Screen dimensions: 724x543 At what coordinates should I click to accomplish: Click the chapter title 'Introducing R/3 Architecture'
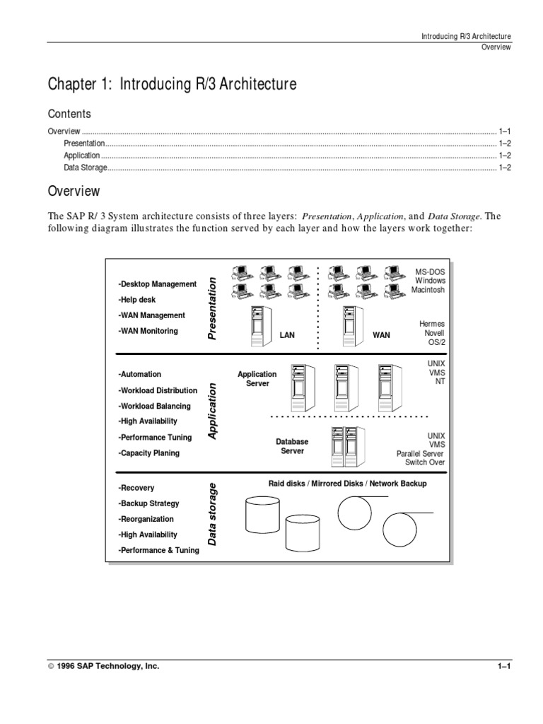click(x=173, y=85)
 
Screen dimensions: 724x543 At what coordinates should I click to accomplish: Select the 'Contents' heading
click(x=69, y=114)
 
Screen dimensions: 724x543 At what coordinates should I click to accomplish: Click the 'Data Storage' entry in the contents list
click(x=86, y=168)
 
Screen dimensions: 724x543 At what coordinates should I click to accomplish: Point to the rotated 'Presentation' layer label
click(x=211, y=308)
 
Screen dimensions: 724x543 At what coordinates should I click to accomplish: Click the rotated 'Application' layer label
click(x=211, y=411)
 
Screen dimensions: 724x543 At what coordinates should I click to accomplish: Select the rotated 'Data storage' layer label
click(x=211, y=514)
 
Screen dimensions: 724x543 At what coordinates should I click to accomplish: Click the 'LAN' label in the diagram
click(x=287, y=335)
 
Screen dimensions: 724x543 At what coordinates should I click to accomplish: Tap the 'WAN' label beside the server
click(x=381, y=335)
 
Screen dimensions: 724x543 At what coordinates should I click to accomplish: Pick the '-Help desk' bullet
click(x=137, y=300)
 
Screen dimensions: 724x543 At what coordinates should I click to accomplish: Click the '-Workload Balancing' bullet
click(x=154, y=406)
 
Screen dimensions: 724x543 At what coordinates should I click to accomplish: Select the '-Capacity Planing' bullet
click(x=148, y=452)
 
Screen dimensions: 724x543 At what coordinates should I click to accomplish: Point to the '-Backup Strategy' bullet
click(x=148, y=503)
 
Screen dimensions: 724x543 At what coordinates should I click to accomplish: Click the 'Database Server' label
click(x=292, y=446)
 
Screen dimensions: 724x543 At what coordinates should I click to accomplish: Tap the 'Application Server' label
click(x=257, y=378)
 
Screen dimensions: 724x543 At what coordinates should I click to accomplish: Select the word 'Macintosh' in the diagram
click(x=428, y=290)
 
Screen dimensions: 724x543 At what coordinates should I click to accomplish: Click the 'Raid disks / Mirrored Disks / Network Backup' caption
click(x=347, y=484)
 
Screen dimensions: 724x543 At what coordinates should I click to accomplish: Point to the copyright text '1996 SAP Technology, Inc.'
click(x=103, y=666)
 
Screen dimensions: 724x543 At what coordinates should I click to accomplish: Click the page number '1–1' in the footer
click(x=503, y=666)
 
